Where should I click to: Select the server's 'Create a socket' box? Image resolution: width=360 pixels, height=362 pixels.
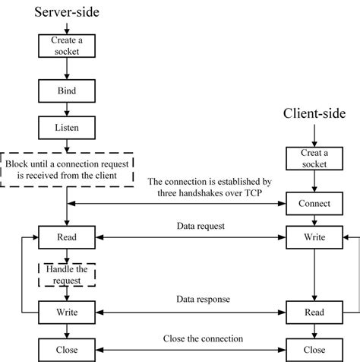point(67,46)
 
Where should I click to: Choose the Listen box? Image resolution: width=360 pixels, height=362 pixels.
point(67,125)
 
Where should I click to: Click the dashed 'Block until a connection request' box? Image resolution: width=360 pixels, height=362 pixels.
point(68,169)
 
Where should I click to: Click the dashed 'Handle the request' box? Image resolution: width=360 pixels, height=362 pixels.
point(67,275)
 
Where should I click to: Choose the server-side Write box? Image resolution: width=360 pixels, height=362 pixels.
point(67,312)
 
